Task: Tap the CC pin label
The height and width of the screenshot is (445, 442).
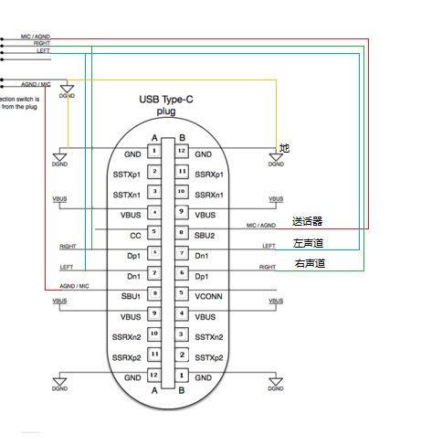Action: [x=132, y=235]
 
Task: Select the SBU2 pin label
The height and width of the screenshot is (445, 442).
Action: [x=206, y=235]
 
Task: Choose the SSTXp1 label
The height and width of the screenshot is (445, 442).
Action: [x=126, y=173]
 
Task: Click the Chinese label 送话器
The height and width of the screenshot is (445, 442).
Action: [x=308, y=222]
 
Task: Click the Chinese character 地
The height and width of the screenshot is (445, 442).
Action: [x=284, y=148]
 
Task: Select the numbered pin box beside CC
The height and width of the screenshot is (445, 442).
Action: [x=156, y=233]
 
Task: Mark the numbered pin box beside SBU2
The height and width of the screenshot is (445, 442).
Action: [x=182, y=233]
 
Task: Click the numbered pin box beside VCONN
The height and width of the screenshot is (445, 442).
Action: [x=182, y=294]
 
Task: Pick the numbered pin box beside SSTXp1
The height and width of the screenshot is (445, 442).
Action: [x=156, y=172]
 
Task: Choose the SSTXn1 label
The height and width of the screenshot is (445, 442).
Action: [x=126, y=194]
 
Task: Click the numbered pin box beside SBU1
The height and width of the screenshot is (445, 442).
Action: [x=156, y=294]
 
